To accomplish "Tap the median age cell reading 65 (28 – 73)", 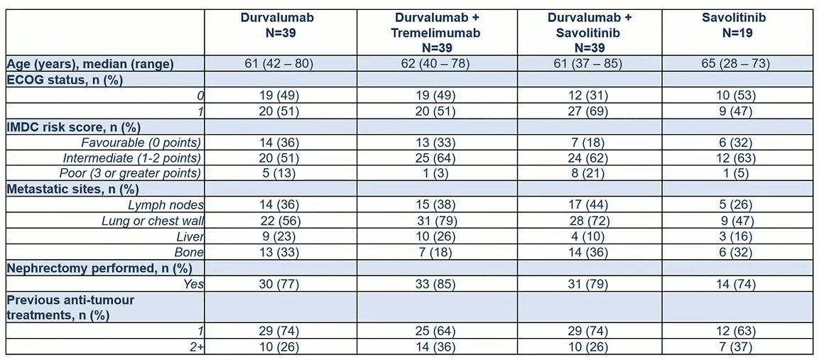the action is click(x=737, y=65).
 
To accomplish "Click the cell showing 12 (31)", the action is click(x=590, y=96).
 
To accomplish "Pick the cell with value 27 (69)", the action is click(x=590, y=111).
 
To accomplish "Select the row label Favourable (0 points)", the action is click(x=141, y=142).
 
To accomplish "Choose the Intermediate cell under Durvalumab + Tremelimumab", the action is click(x=437, y=158).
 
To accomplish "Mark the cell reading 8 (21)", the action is click(x=590, y=173).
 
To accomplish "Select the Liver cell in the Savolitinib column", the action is click(x=737, y=236).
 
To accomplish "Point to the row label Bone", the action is click(x=190, y=252).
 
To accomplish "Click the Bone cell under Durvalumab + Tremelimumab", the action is click(x=437, y=252).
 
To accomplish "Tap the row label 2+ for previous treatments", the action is click(x=196, y=346).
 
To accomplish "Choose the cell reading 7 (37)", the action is click(x=737, y=346).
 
